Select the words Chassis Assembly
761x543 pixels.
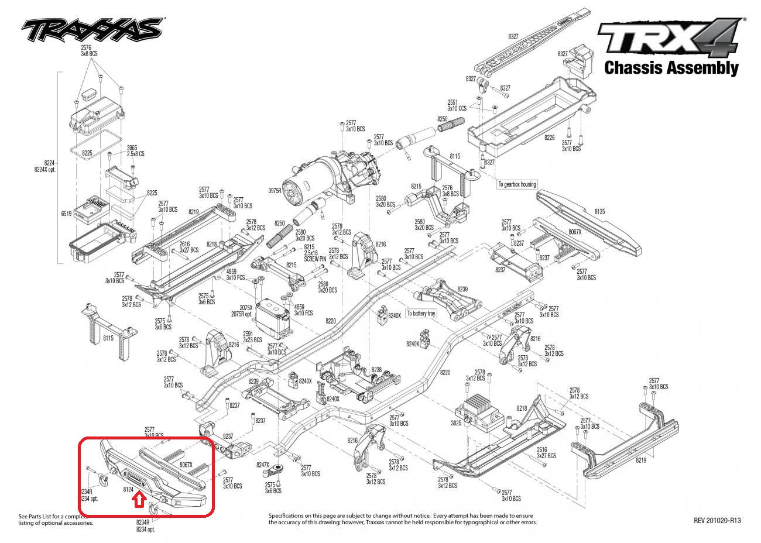tap(671, 68)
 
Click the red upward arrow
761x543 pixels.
tap(139, 499)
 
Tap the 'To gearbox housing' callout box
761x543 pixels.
tap(516, 184)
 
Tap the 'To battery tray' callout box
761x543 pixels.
tap(421, 314)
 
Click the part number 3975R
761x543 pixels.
tap(275, 191)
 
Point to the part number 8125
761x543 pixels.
tap(599, 210)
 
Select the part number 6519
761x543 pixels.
tap(66, 214)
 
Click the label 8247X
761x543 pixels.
tap(265, 464)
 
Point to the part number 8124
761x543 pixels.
tap(129, 487)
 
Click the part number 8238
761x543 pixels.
tap(376, 370)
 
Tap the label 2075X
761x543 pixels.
tap(246, 307)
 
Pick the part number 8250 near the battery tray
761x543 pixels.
tap(442, 119)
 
